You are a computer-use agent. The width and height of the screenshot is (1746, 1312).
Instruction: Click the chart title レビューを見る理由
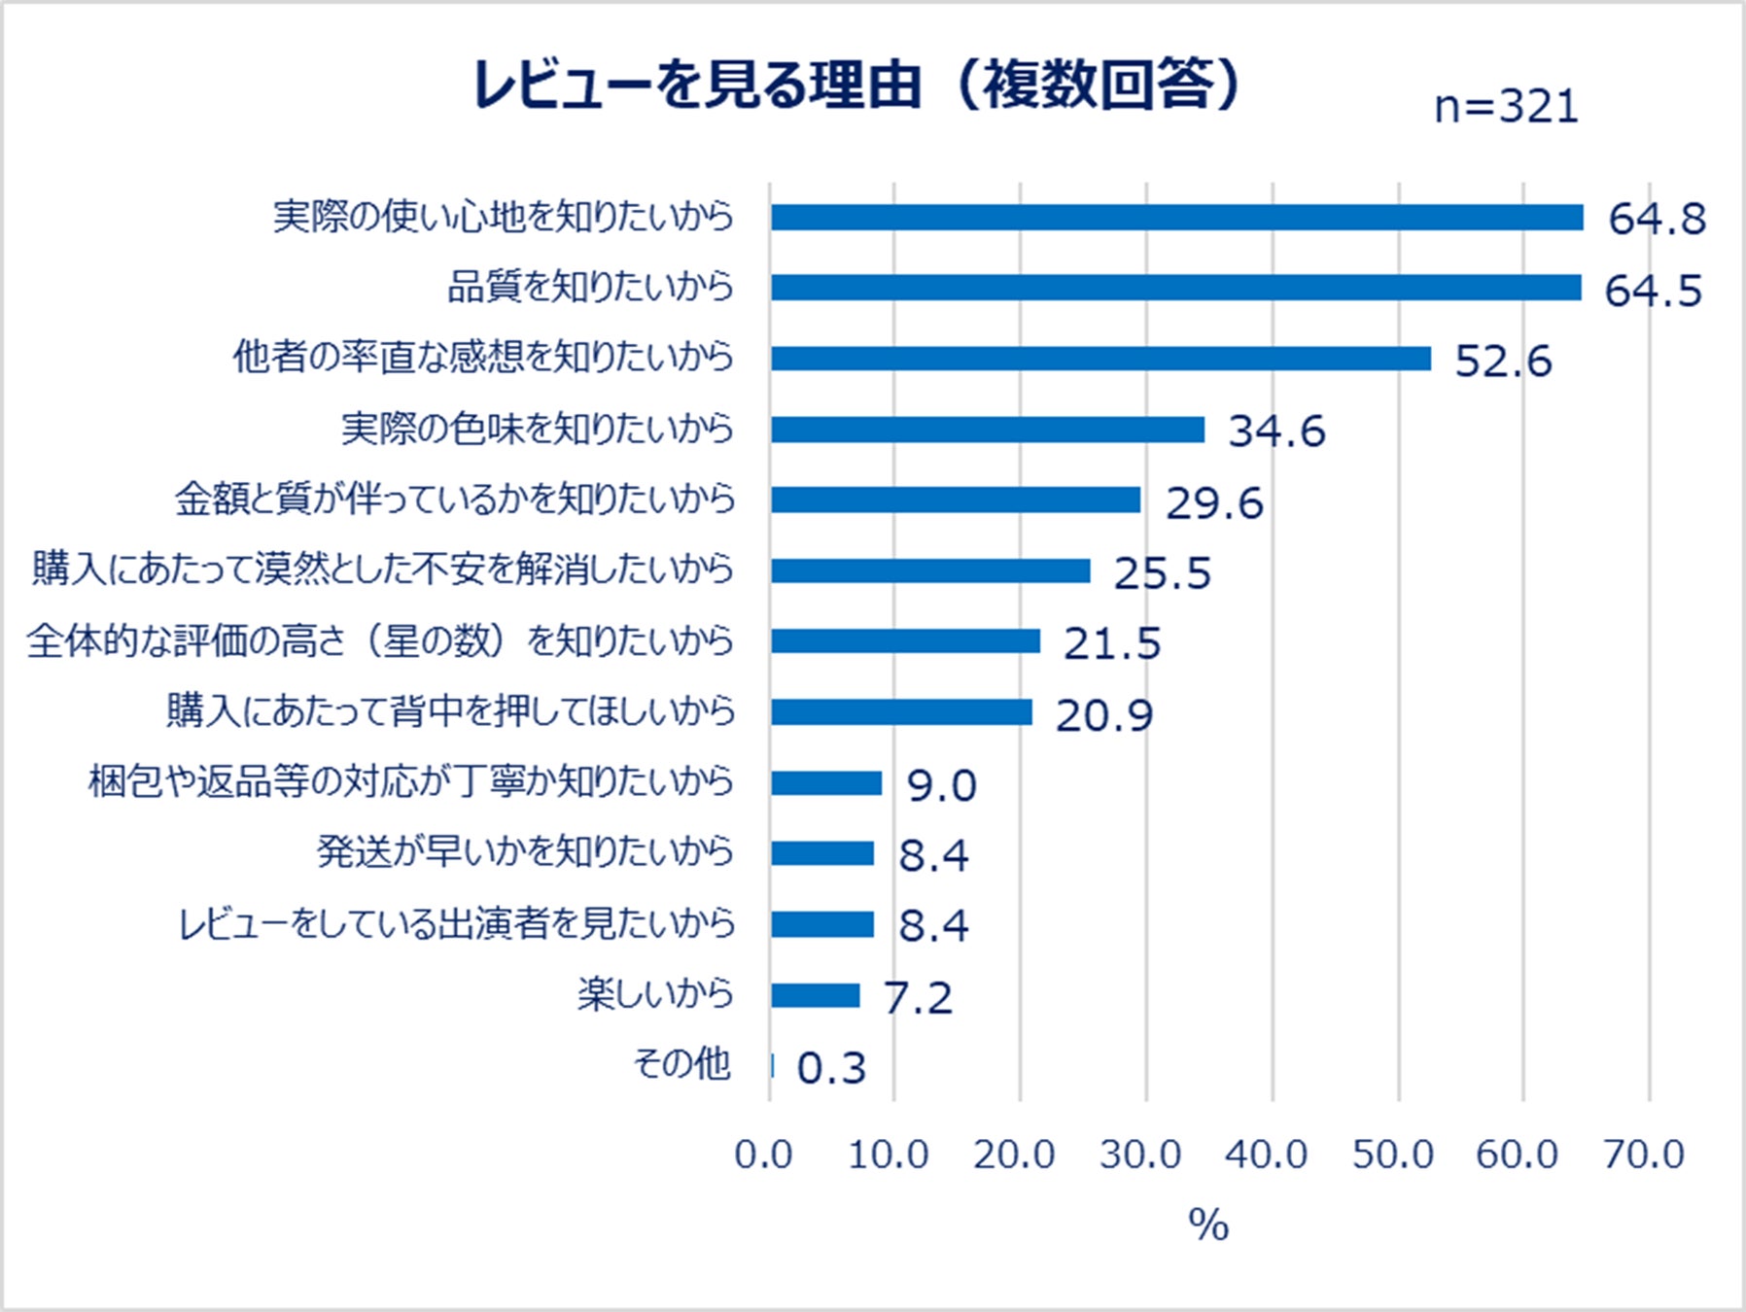pyautogui.click(x=856, y=86)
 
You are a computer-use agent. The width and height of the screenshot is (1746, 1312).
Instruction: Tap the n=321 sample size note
pyautogui.click(x=1506, y=107)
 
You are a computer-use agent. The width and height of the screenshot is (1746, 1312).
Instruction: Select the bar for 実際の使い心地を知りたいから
pyautogui.click(x=1176, y=218)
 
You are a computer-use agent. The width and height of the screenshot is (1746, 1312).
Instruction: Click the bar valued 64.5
pyautogui.click(x=1175, y=288)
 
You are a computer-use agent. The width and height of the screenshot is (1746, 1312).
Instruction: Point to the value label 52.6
pyautogui.click(x=1503, y=362)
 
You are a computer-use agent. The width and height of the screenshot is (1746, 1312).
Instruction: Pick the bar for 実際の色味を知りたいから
pyautogui.click(x=987, y=430)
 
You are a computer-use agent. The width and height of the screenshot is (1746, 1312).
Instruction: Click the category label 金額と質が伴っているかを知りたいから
pyautogui.click(x=455, y=500)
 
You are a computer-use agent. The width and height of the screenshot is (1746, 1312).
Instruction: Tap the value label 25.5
pyautogui.click(x=1162, y=573)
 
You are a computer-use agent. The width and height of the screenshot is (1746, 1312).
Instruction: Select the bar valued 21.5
pyautogui.click(x=905, y=641)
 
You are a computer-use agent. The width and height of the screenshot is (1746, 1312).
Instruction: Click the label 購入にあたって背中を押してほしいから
pyautogui.click(x=451, y=711)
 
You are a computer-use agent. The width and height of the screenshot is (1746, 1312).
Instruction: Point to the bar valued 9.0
pyautogui.click(x=826, y=783)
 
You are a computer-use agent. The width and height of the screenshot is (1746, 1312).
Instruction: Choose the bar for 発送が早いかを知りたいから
pyautogui.click(x=822, y=853)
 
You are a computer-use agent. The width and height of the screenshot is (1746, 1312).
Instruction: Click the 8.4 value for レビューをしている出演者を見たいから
pyautogui.click(x=933, y=925)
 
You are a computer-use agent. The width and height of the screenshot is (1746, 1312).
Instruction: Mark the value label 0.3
pyautogui.click(x=831, y=1068)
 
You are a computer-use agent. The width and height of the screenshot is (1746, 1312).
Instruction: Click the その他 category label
pyautogui.click(x=681, y=1064)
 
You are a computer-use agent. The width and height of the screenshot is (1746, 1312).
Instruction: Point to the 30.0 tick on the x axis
pyautogui.click(x=1140, y=1155)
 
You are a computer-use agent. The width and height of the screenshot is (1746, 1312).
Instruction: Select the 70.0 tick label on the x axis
pyautogui.click(x=1643, y=1155)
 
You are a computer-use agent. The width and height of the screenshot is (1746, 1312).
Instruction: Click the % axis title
pyautogui.click(x=1208, y=1225)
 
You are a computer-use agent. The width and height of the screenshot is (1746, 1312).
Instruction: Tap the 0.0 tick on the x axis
pyautogui.click(x=763, y=1155)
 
